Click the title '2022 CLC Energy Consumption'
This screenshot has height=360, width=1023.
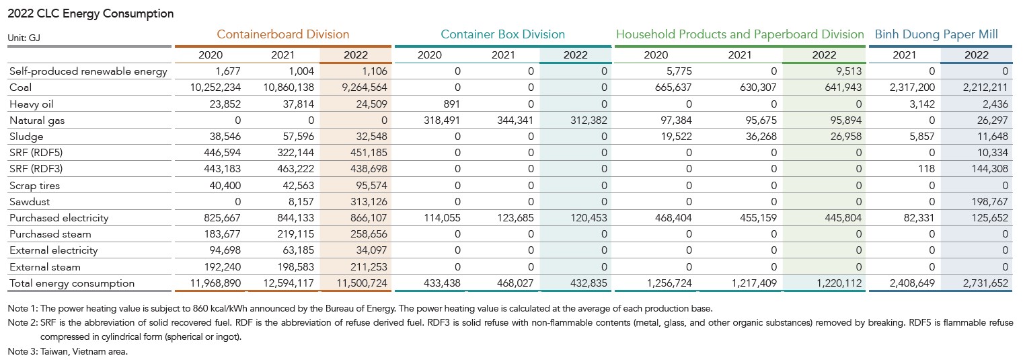[x=90, y=13]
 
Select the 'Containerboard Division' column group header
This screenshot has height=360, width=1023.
[x=283, y=34]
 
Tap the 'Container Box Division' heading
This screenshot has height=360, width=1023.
[x=502, y=34]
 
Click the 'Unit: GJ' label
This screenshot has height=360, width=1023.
[x=25, y=39]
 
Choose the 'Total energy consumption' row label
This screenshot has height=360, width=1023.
[x=72, y=283]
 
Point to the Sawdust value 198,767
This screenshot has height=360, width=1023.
[x=987, y=201]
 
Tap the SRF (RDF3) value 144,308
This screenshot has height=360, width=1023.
[x=987, y=169]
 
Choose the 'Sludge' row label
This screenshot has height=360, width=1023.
[x=26, y=137]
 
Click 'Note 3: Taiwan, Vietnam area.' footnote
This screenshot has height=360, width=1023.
[x=67, y=351]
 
